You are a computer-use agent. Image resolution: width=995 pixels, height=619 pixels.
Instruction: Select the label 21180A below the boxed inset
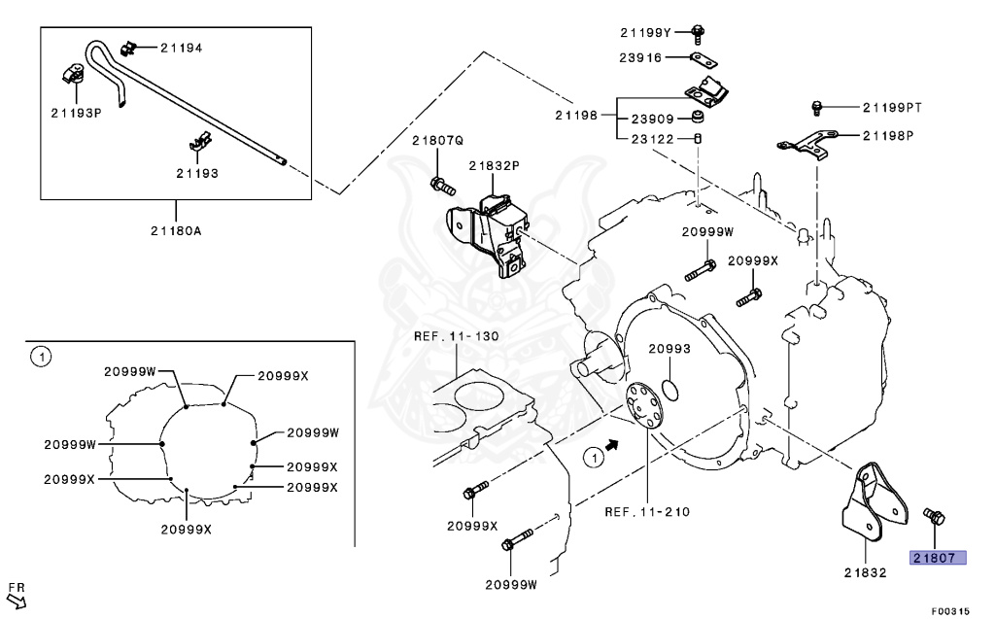tap(176, 230)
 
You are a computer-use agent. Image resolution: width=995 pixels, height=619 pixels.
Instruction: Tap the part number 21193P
tap(77, 112)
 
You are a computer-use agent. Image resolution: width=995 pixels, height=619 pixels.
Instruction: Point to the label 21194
tap(182, 47)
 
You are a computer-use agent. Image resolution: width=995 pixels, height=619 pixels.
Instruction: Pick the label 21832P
tap(494, 165)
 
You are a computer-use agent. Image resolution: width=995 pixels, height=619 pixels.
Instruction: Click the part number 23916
tap(641, 57)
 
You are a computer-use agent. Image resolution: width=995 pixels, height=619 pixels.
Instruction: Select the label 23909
tap(653, 120)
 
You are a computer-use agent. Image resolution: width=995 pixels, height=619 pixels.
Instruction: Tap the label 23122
tap(653, 138)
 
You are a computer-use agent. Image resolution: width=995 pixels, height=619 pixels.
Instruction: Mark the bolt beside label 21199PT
tap(817, 105)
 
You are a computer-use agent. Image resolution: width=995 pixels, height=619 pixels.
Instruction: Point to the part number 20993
tap(669, 349)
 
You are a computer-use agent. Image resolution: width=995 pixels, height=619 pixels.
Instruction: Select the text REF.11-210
tap(647, 511)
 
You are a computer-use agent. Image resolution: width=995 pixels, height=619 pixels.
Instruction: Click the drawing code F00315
tap(950, 610)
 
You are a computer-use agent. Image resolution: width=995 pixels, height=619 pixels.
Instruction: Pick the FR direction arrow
tap(17, 594)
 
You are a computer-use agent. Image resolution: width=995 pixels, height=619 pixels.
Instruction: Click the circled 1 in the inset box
tap(40, 358)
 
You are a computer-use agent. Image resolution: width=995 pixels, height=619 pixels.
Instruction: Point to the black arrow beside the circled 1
tap(611, 444)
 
